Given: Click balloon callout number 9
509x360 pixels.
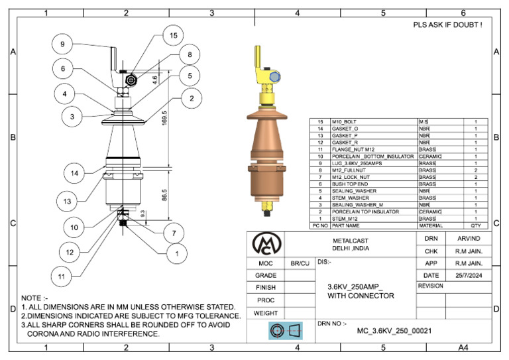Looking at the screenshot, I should (62, 44).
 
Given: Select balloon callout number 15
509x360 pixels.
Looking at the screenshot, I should (174, 35).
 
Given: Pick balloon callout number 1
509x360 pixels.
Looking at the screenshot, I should (177, 253).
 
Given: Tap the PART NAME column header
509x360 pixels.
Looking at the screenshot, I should (347, 225).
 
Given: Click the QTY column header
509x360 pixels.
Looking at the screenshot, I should (475, 225).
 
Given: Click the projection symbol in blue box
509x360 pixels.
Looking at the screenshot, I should (284, 330).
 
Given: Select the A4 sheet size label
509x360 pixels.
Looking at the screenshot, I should (464, 347).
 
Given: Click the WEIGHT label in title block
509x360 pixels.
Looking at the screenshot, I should (266, 312).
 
